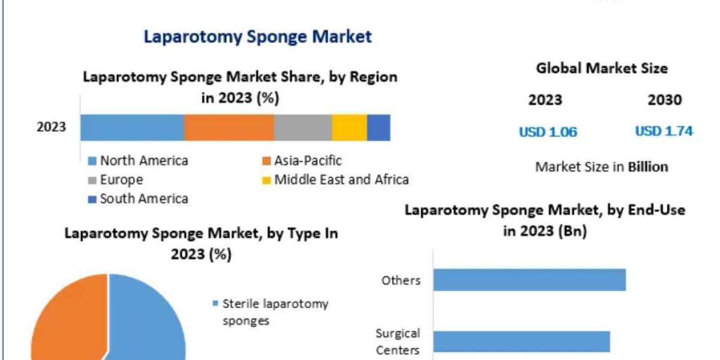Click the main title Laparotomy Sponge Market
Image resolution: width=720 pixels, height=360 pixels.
click(x=257, y=37)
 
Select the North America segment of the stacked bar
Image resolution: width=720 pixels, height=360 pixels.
click(x=132, y=128)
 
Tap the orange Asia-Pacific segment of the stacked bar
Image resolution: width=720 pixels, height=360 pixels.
click(x=229, y=128)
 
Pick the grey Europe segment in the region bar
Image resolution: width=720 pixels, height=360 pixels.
click(x=302, y=128)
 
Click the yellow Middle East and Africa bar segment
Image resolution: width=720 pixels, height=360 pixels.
click(x=349, y=128)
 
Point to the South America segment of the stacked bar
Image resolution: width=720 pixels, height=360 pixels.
click(x=379, y=128)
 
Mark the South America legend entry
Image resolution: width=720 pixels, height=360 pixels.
click(x=143, y=199)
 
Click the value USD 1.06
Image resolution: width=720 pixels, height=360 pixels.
click(x=548, y=132)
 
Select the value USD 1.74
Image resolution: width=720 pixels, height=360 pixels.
click(x=664, y=131)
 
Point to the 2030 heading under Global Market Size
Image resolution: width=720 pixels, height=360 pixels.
click(x=665, y=100)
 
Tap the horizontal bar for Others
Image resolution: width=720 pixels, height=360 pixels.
click(x=529, y=280)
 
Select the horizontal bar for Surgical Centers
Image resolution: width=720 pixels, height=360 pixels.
click(x=521, y=341)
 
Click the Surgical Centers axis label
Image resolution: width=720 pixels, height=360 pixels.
click(x=398, y=341)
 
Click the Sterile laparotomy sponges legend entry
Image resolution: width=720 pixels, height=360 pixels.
click(x=275, y=312)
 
